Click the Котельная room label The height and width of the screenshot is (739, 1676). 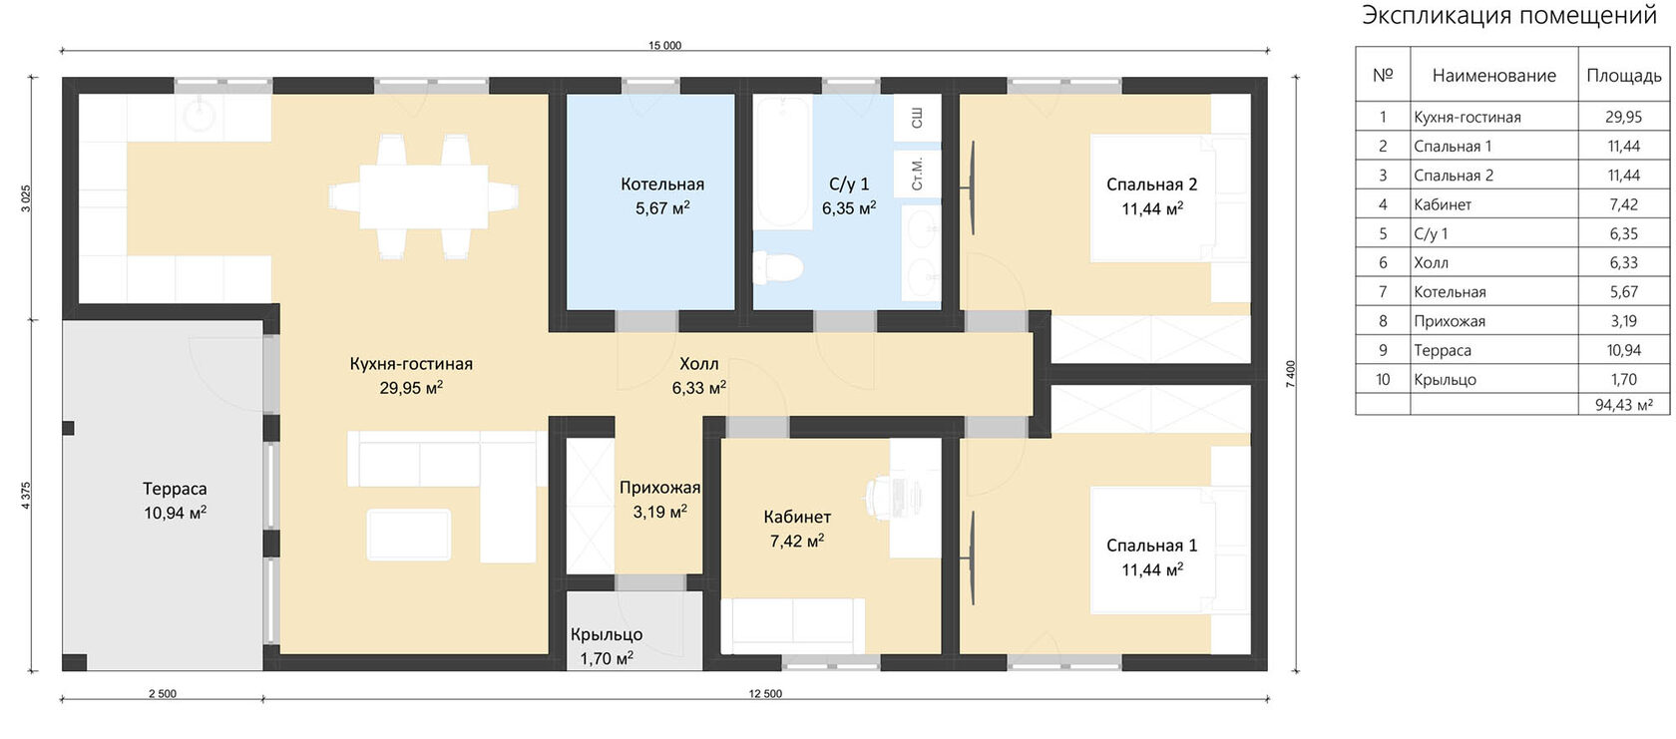[x=662, y=184]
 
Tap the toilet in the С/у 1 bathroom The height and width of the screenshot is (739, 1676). [x=777, y=267]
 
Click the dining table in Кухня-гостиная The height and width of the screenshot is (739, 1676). [x=423, y=196]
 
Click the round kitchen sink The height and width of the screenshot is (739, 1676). [x=200, y=116]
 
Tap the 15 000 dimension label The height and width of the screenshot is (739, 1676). [x=664, y=46]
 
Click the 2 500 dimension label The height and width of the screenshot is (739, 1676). [x=163, y=693]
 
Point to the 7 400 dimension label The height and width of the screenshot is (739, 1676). [x=1290, y=374]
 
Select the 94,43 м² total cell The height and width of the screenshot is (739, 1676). [x=1624, y=405]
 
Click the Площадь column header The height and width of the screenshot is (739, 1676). [x=1624, y=76]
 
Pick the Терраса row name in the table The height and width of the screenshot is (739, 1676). [x=1443, y=350]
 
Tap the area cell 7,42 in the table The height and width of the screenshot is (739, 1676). [x=1624, y=204]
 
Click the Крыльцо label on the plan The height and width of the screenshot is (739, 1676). [x=607, y=635]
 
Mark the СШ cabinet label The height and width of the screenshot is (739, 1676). [x=917, y=118]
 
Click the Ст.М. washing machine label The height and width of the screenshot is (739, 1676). [x=917, y=174]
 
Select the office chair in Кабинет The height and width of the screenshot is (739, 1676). [x=882, y=495]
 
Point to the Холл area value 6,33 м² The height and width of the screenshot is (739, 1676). [x=698, y=388]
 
